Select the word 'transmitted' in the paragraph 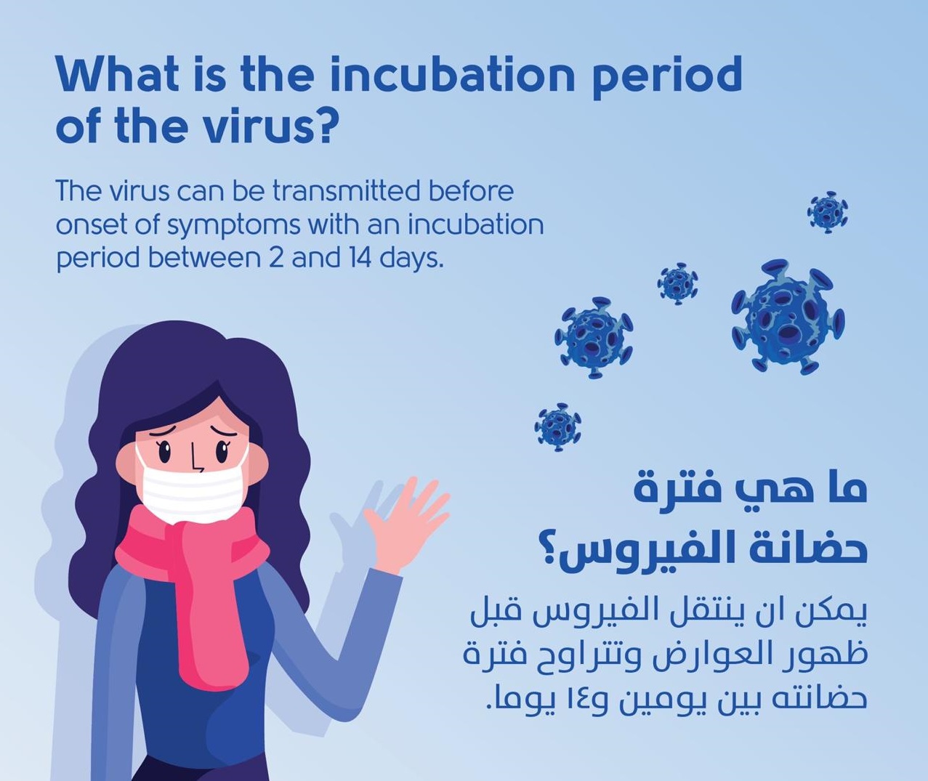346,192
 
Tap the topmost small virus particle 827,212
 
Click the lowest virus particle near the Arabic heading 558,427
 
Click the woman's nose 195,458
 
